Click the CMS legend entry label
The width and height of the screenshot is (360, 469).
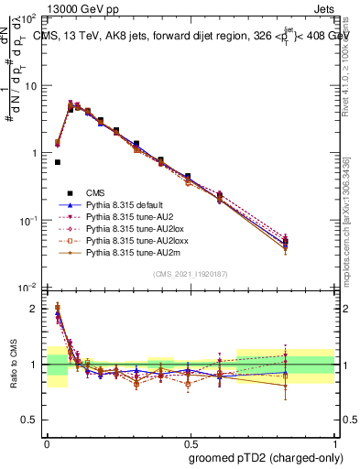96,192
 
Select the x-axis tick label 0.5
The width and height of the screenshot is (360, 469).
189,442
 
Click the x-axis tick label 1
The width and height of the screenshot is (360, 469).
332,442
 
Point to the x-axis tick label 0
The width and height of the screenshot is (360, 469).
47,442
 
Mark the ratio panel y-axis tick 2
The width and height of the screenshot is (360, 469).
36,309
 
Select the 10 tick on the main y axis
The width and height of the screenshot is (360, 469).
30,86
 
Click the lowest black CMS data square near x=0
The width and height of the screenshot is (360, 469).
57,162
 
